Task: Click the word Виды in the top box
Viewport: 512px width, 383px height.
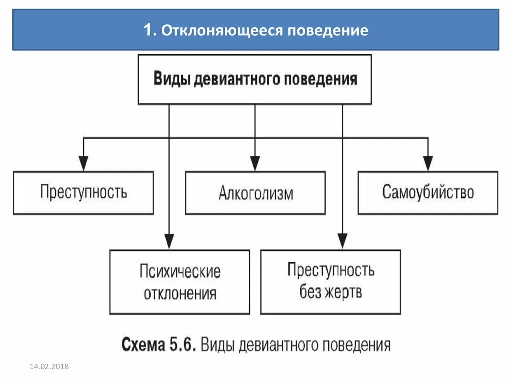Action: point(171,79)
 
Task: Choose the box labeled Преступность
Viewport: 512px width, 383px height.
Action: point(83,193)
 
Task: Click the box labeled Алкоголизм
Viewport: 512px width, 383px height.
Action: point(255,193)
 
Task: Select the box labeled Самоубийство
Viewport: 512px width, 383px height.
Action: point(428,193)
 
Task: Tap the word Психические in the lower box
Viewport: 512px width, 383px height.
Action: point(180,272)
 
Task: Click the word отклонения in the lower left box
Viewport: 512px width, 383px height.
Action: point(180,293)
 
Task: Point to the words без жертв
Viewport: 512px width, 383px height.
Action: point(330,292)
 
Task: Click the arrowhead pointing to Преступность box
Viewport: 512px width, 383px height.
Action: point(83,163)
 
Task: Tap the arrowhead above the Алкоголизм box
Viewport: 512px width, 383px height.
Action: point(255,163)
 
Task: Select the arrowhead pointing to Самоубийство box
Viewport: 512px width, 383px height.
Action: point(428,163)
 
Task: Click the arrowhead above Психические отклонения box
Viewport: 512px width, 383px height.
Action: point(169,241)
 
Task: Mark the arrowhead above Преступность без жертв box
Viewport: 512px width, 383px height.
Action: point(342,241)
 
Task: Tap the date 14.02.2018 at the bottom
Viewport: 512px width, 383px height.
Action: point(49,367)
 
